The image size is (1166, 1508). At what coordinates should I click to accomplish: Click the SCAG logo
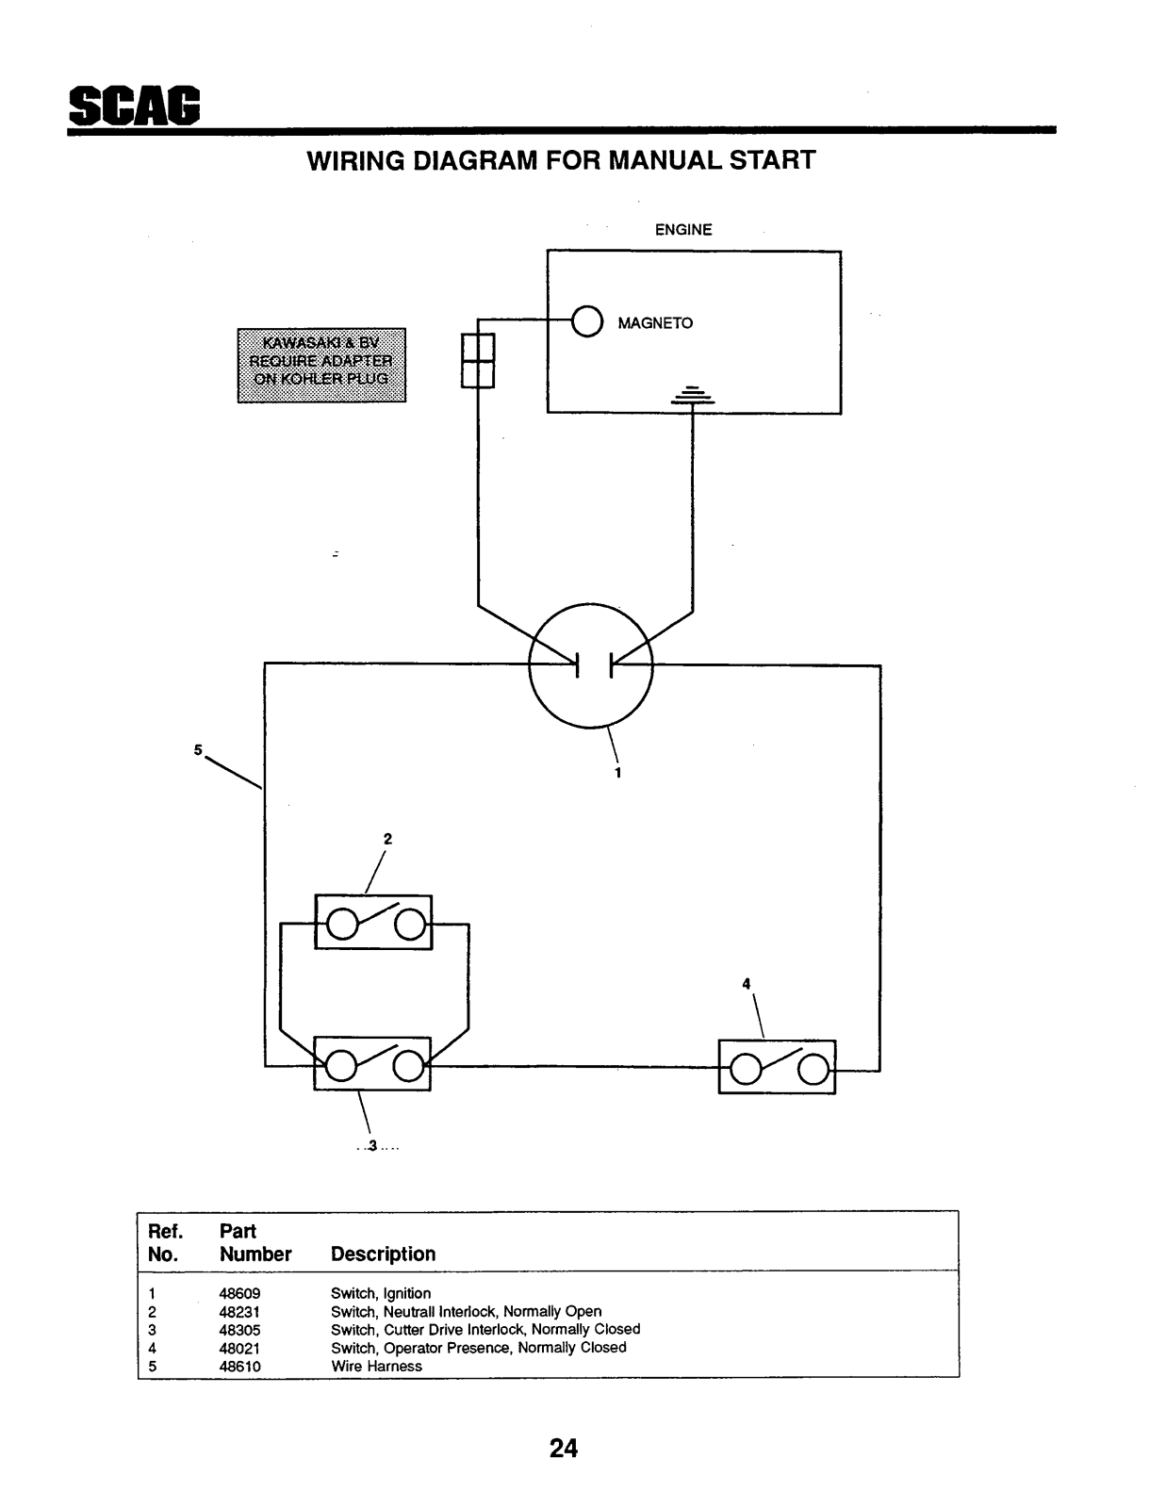[135, 106]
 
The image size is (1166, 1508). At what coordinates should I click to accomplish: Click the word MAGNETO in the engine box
[655, 323]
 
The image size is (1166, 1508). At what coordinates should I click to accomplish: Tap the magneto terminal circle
[587, 321]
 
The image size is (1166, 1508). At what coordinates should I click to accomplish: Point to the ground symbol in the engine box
[692, 395]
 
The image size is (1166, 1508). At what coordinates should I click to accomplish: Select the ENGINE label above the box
[683, 230]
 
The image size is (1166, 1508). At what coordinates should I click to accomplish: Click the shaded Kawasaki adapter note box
[322, 365]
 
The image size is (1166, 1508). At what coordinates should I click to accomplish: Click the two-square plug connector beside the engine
[478, 361]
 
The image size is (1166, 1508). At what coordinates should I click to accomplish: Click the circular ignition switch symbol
[529, 664]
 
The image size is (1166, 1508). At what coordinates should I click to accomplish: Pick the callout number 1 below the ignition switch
[617, 773]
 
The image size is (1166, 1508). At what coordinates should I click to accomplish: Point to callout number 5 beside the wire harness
[198, 750]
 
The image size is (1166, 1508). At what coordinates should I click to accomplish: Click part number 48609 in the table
[239, 1293]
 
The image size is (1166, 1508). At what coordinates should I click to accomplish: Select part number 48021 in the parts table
[239, 1349]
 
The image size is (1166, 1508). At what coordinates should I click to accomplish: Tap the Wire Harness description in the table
[376, 1367]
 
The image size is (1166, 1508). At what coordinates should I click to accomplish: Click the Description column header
[383, 1254]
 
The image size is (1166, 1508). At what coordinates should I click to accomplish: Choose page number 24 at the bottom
[564, 1449]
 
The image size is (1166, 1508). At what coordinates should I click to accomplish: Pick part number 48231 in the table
[239, 1312]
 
